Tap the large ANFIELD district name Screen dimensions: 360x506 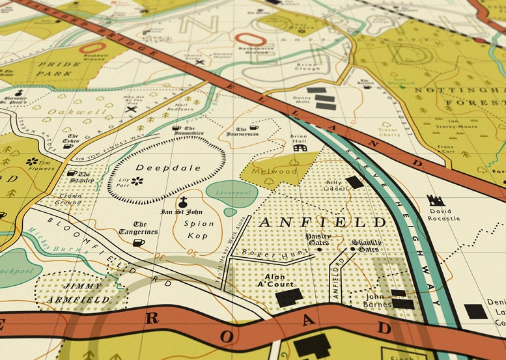323,222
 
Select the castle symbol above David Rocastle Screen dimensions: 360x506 435,201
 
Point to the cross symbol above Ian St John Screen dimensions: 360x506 184,202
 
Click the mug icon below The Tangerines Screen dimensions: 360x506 138,243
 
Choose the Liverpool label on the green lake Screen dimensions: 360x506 232,193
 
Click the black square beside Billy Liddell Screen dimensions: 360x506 354,182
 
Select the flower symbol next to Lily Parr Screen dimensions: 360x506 137,182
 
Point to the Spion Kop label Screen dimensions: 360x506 192,230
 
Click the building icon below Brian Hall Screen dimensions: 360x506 299,148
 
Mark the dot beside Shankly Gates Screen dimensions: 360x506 352,249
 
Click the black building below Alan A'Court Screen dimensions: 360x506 288,298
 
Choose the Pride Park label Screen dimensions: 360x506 56,70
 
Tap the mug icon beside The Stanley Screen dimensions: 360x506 72,174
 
